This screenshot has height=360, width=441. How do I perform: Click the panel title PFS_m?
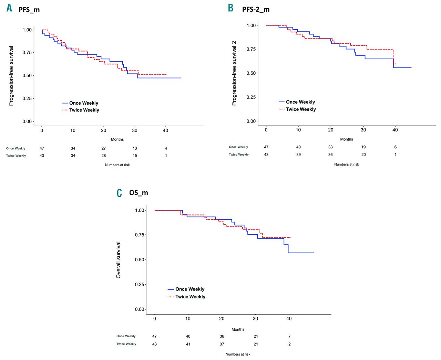[29, 10]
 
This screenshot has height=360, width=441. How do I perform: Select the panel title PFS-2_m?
[256, 9]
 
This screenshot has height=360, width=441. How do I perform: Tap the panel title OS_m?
[139, 193]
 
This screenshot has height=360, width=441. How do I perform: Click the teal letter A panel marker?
[9, 8]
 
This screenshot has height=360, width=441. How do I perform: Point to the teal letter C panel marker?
[119, 193]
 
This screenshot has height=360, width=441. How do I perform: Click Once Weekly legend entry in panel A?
[83, 103]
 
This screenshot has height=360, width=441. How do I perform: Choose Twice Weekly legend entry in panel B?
[300, 109]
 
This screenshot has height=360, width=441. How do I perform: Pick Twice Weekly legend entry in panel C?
[190, 297]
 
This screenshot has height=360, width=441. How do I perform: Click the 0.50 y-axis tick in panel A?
[27, 75]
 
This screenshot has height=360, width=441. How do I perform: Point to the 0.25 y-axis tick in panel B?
[251, 97]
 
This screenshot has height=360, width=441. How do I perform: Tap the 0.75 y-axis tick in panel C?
[140, 235]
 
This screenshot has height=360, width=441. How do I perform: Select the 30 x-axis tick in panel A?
[135, 130]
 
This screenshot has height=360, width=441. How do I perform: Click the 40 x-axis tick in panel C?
[289, 318]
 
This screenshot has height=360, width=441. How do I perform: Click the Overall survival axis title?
[119, 260]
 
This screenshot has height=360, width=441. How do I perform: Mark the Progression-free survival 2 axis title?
[234, 73]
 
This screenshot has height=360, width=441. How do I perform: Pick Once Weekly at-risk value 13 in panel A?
[135, 148]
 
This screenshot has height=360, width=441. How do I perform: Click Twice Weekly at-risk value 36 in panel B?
[330, 155]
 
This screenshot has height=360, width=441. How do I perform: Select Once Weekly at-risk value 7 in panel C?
[289, 336]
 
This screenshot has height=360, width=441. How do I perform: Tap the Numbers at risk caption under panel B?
[346, 165]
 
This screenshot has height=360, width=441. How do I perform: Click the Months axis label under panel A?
[117, 139]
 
